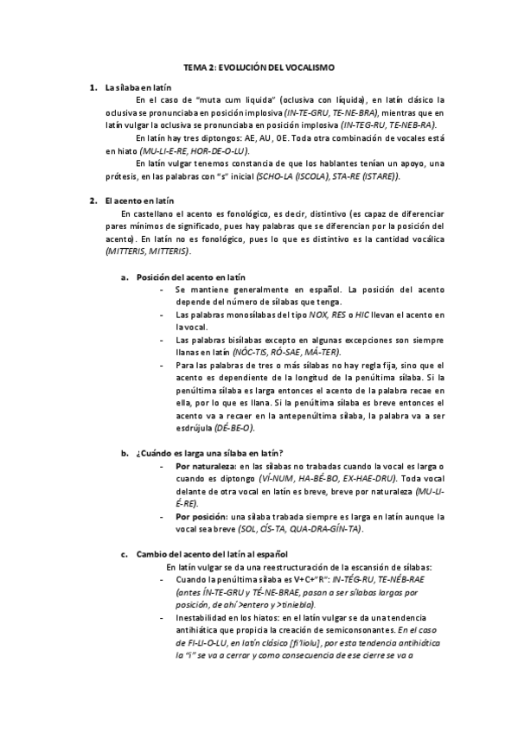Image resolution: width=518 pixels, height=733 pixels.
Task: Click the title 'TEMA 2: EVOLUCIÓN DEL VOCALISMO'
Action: pos(259,67)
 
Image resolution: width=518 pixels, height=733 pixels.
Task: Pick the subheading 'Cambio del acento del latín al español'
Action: pos(211,553)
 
